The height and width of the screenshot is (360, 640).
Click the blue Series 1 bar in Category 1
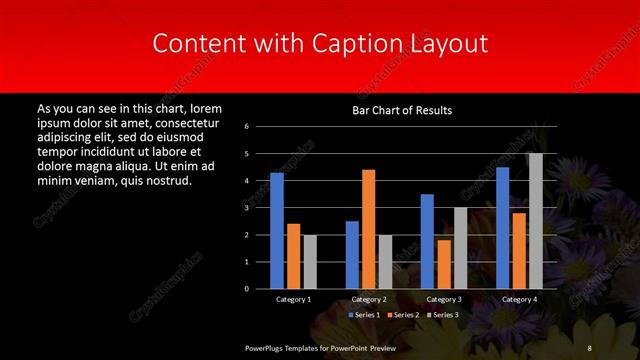[277, 231]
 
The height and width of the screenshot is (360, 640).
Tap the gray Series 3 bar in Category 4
[536, 221]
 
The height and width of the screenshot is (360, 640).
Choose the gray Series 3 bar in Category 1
[310, 262]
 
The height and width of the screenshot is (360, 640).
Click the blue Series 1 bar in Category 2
[352, 255]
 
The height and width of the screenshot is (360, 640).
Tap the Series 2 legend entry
[403, 315]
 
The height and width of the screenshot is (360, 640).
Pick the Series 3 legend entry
[443, 315]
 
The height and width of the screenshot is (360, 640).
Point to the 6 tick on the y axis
[246, 127]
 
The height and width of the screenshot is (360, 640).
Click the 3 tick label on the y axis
[246, 208]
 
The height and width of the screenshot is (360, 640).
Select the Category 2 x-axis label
[370, 299]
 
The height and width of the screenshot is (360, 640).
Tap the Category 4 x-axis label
[519, 299]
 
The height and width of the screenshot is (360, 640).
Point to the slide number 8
[589, 347]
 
